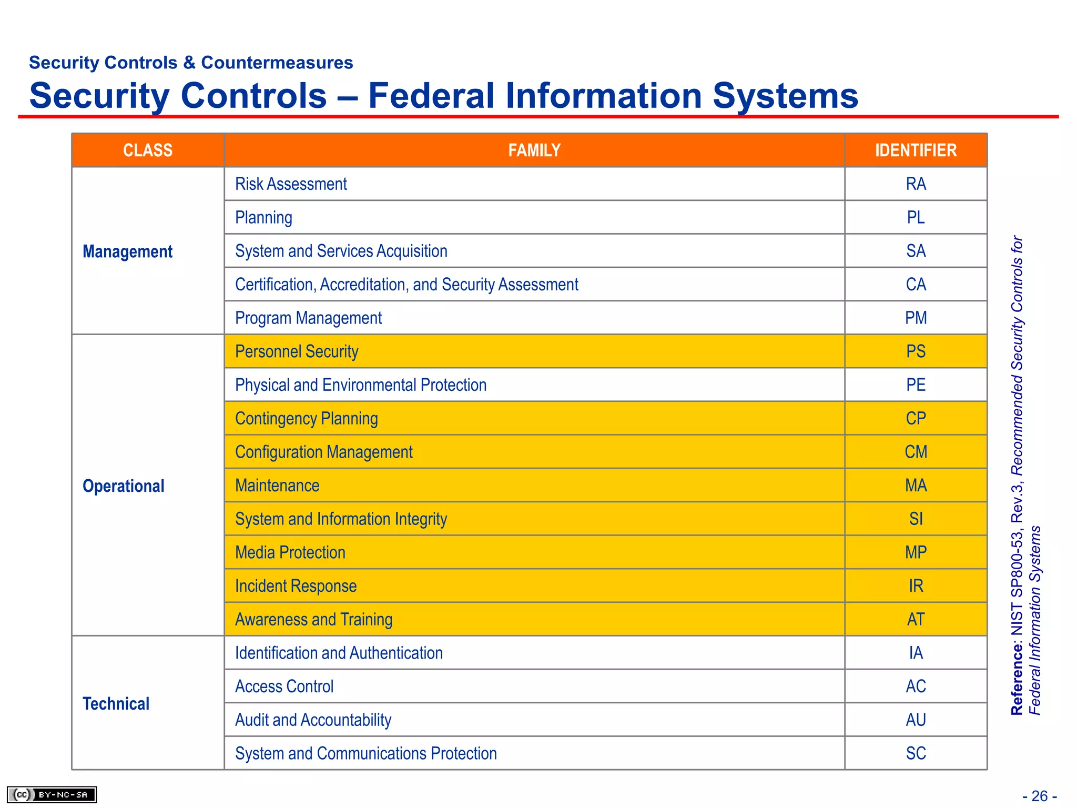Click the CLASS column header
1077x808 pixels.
[148, 150]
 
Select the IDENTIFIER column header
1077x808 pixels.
[916, 150]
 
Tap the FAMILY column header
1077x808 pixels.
[534, 150]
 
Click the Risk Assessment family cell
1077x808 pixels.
[291, 184]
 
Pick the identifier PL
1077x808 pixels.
[916, 217]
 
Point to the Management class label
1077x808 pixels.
[127, 251]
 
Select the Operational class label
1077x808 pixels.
[124, 486]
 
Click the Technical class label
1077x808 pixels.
[116, 704]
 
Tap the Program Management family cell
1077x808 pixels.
[308, 318]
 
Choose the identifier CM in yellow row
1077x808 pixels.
[916, 452]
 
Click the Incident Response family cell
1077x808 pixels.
[296, 586]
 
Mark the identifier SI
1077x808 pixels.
[916, 519]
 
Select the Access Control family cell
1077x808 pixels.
[284, 686]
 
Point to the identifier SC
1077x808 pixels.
[916, 753]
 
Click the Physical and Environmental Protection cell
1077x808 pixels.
[361, 385]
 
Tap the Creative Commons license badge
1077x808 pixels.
[52, 794]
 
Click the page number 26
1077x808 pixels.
[1039, 796]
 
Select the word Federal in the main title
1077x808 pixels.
[431, 96]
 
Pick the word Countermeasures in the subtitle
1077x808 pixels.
[277, 63]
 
